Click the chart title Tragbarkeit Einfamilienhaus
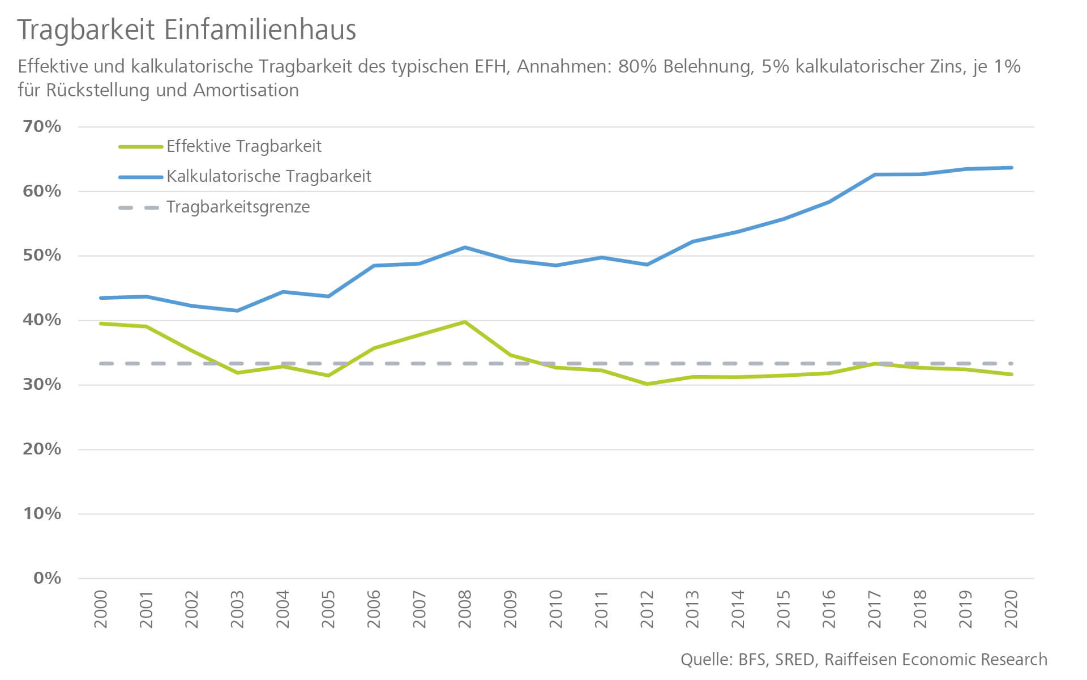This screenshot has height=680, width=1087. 187,29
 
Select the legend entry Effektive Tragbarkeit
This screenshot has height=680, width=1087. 243,146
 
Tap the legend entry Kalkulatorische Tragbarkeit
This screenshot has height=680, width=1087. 268,176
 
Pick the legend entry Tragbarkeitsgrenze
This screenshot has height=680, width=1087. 238,207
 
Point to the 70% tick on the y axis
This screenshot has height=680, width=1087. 42,126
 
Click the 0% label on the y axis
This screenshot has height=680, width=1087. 47,578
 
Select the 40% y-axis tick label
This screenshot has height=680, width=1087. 42,320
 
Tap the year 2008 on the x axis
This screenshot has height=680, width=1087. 465,609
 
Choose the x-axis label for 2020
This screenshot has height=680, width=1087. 1011,609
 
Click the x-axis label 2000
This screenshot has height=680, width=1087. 101,609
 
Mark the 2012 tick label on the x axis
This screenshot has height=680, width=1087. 647,609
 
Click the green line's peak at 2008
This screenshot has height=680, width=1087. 465,322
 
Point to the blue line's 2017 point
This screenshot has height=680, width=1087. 875,175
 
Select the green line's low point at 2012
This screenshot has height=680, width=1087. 647,384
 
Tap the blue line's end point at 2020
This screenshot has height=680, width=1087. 1011,168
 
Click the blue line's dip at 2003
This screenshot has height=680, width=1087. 237,311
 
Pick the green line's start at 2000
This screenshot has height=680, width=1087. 101,324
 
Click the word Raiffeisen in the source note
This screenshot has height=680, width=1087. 861,660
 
